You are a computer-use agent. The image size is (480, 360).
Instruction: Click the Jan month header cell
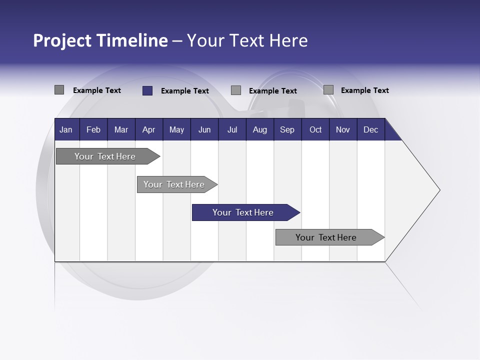click(x=66, y=130)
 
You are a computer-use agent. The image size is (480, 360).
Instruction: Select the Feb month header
click(x=93, y=130)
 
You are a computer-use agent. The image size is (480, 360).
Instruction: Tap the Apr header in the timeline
click(x=148, y=130)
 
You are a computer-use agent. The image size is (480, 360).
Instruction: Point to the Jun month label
click(x=204, y=130)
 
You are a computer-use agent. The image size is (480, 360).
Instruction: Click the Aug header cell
click(x=259, y=130)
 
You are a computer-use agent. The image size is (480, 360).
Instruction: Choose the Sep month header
click(x=287, y=130)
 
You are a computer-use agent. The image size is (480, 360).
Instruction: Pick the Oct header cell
click(x=315, y=130)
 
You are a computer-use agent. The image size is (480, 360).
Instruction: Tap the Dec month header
click(x=370, y=130)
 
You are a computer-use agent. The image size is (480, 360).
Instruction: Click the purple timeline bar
click(x=243, y=212)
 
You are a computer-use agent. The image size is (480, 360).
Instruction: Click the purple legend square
click(x=147, y=90)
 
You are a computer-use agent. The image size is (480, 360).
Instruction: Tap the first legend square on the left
click(x=59, y=90)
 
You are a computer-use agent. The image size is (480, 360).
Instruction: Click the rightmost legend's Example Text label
click(x=364, y=90)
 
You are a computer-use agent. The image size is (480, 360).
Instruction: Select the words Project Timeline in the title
click(x=100, y=40)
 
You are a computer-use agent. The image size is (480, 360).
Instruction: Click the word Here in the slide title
click(x=288, y=40)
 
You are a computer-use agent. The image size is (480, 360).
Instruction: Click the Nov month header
click(x=342, y=130)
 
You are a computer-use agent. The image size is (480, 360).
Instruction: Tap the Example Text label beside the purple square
click(x=184, y=91)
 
